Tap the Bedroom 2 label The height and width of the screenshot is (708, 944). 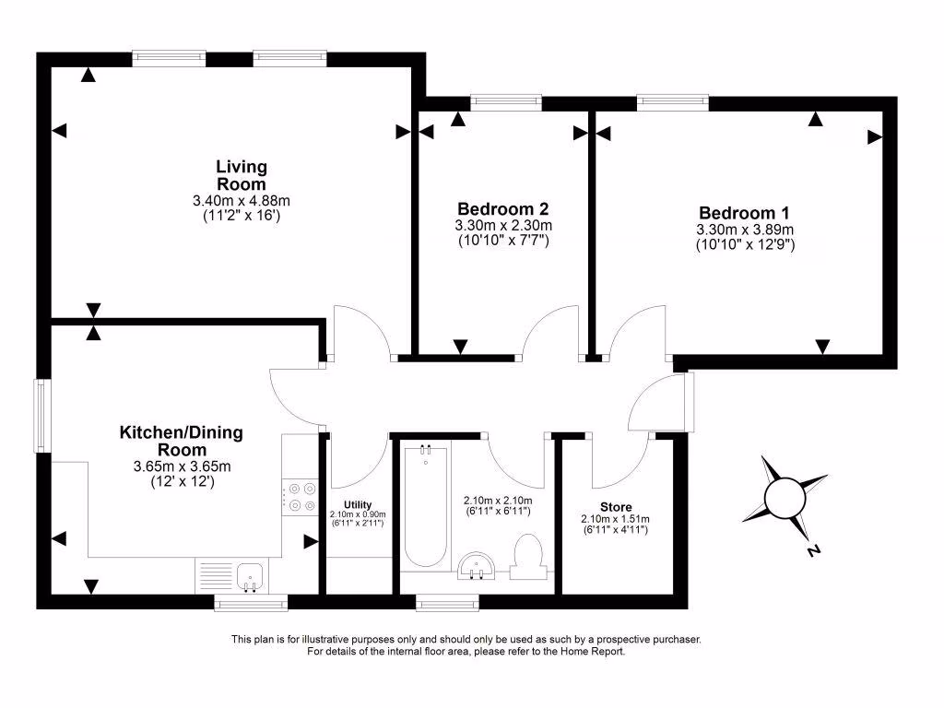(502, 208)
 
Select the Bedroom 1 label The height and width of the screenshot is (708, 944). (744, 212)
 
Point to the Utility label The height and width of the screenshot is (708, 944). (357, 504)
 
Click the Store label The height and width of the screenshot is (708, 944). (615, 505)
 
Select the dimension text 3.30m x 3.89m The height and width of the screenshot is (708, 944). (745, 230)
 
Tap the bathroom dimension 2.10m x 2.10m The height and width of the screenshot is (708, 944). (497, 501)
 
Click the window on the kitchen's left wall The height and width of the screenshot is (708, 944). (41, 416)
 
